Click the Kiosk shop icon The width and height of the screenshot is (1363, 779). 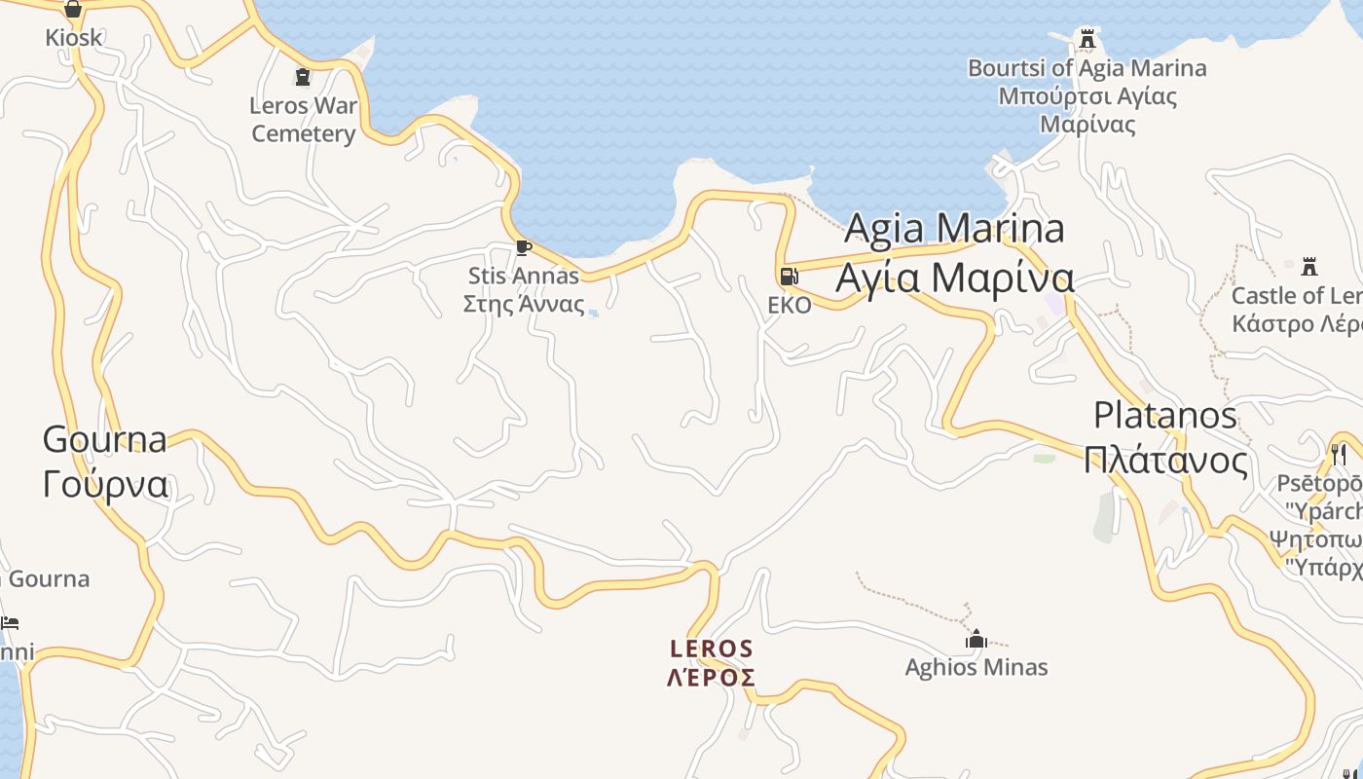(x=73, y=10)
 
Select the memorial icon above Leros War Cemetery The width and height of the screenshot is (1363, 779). (x=303, y=76)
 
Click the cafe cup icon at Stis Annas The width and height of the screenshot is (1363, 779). (x=523, y=247)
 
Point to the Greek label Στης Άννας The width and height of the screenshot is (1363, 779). (x=524, y=304)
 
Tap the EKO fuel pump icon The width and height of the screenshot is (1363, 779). (x=789, y=277)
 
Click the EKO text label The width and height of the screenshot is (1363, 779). (x=789, y=306)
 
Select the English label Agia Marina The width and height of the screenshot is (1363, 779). (x=954, y=228)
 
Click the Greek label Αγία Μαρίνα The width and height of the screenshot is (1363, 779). (x=954, y=278)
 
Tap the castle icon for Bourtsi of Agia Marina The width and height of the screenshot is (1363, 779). (x=1087, y=39)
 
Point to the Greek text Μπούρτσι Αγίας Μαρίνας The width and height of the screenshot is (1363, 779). (x=1087, y=110)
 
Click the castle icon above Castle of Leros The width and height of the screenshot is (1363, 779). (x=1309, y=266)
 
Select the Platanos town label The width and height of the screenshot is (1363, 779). (x=1165, y=416)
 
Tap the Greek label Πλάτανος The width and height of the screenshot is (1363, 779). (x=1165, y=460)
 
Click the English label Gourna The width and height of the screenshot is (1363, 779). (x=104, y=439)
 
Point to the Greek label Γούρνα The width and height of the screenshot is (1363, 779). (x=105, y=484)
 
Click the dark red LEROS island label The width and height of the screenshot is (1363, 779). (x=712, y=649)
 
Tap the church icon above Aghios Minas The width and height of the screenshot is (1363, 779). (x=976, y=639)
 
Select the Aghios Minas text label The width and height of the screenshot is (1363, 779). (x=976, y=667)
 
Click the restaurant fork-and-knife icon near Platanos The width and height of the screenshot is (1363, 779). (x=1339, y=454)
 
